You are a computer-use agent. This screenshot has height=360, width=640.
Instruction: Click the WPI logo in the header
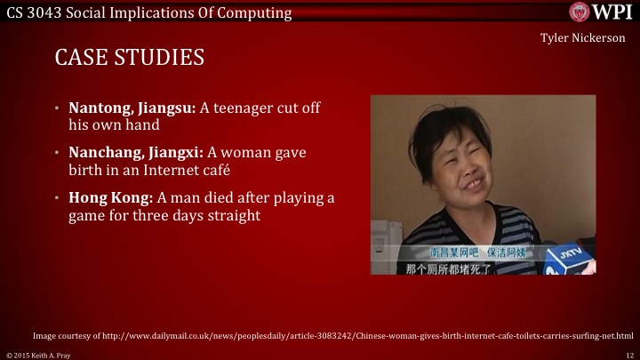coord(602,11)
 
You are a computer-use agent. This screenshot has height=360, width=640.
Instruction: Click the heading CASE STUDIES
coord(129,59)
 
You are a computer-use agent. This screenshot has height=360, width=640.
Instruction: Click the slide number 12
coord(628,354)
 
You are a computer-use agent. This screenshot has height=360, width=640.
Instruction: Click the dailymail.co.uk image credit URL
coord(332,336)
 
